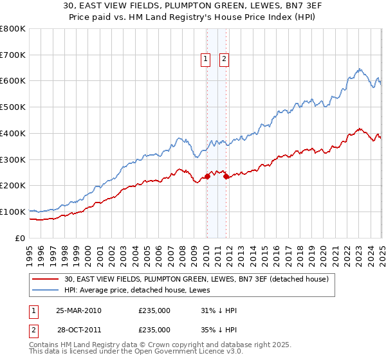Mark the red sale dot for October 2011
click(x=226, y=176)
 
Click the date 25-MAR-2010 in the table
click(x=78, y=310)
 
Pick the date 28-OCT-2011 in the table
click(x=78, y=329)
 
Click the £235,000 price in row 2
click(x=154, y=329)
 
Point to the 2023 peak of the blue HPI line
click(x=360, y=69)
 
